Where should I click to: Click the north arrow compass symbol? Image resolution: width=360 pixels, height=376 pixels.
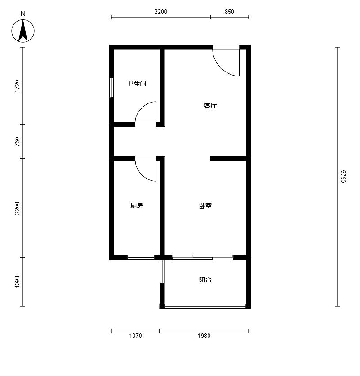click(23, 31)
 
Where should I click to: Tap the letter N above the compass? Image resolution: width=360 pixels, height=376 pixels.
click(23, 14)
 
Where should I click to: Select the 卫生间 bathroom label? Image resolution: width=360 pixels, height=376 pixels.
click(137, 84)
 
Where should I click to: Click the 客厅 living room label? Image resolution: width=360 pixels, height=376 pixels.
click(210, 106)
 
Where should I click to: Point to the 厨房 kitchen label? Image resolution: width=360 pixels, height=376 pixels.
click(137, 206)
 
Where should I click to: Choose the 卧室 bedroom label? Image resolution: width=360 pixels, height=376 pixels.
click(205, 206)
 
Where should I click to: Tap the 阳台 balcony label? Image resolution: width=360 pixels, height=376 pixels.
click(205, 280)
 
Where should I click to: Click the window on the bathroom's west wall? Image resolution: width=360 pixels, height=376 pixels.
click(111, 88)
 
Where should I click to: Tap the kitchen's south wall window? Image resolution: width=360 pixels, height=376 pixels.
click(141, 257)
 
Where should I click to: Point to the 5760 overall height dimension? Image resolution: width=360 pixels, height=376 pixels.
click(343, 176)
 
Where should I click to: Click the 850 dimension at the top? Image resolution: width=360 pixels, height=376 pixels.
click(229, 12)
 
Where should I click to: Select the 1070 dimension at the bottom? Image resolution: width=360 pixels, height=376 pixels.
click(136, 336)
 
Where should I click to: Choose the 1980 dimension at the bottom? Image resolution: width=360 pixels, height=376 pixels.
click(204, 336)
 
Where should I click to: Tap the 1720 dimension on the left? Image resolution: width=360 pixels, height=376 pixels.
click(17, 86)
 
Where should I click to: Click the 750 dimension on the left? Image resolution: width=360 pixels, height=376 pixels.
click(17, 142)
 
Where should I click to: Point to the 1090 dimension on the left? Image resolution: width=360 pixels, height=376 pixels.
click(17, 282)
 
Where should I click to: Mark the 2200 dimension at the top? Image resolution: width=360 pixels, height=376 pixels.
click(160, 12)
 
